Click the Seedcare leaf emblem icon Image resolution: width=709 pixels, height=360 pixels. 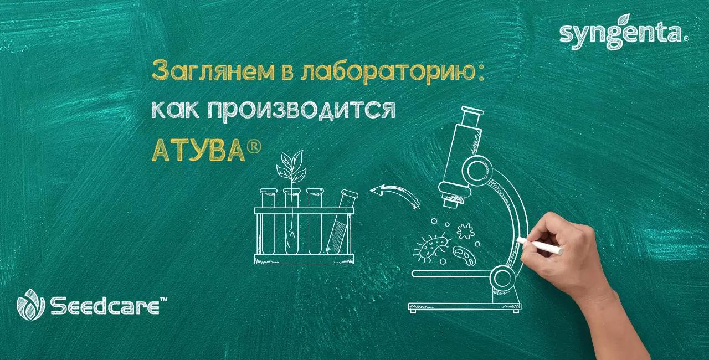[30, 305]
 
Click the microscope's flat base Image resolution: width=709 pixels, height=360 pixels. [464, 305]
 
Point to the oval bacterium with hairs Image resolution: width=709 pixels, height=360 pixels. [430, 246]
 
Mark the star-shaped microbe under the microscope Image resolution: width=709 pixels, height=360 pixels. [465, 230]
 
